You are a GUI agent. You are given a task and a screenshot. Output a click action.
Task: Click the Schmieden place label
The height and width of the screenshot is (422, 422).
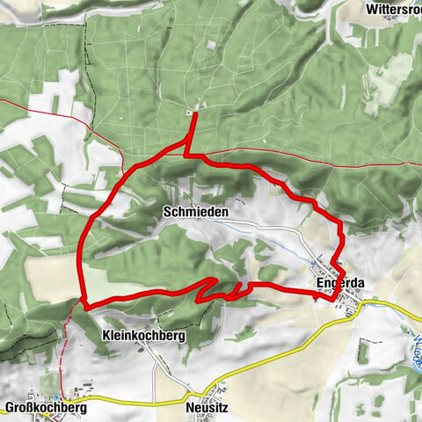(x=195, y=213)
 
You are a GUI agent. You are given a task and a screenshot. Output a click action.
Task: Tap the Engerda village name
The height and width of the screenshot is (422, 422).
(x=340, y=283)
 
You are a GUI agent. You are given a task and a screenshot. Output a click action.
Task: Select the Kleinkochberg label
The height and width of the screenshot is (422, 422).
(x=143, y=336)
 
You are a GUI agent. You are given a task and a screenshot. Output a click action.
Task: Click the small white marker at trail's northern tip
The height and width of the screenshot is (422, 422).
(x=191, y=113)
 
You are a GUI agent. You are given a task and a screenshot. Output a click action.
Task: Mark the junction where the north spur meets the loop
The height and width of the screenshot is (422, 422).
(x=187, y=154)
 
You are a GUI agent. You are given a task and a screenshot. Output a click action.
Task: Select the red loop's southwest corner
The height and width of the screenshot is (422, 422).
(x=84, y=303)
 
